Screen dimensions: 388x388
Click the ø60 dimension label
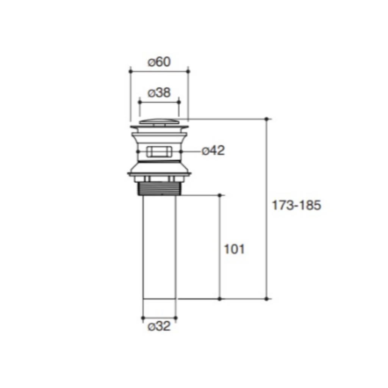pyautogui.click(x=159, y=62)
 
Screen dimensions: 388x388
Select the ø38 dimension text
pyautogui.click(x=159, y=93)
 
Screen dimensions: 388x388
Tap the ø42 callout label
pyautogui.click(x=213, y=151)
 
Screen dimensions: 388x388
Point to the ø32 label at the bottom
pyautogui.click(x=159, y=326)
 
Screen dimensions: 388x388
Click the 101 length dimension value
pyautogui.click(x=234, y=249)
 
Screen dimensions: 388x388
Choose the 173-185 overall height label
pyautogui.click(x=296, y=205)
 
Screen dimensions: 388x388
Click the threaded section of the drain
pyautogui.click(x=159, y=189)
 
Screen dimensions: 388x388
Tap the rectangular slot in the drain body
pyautogui.click(x=159, y=152)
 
